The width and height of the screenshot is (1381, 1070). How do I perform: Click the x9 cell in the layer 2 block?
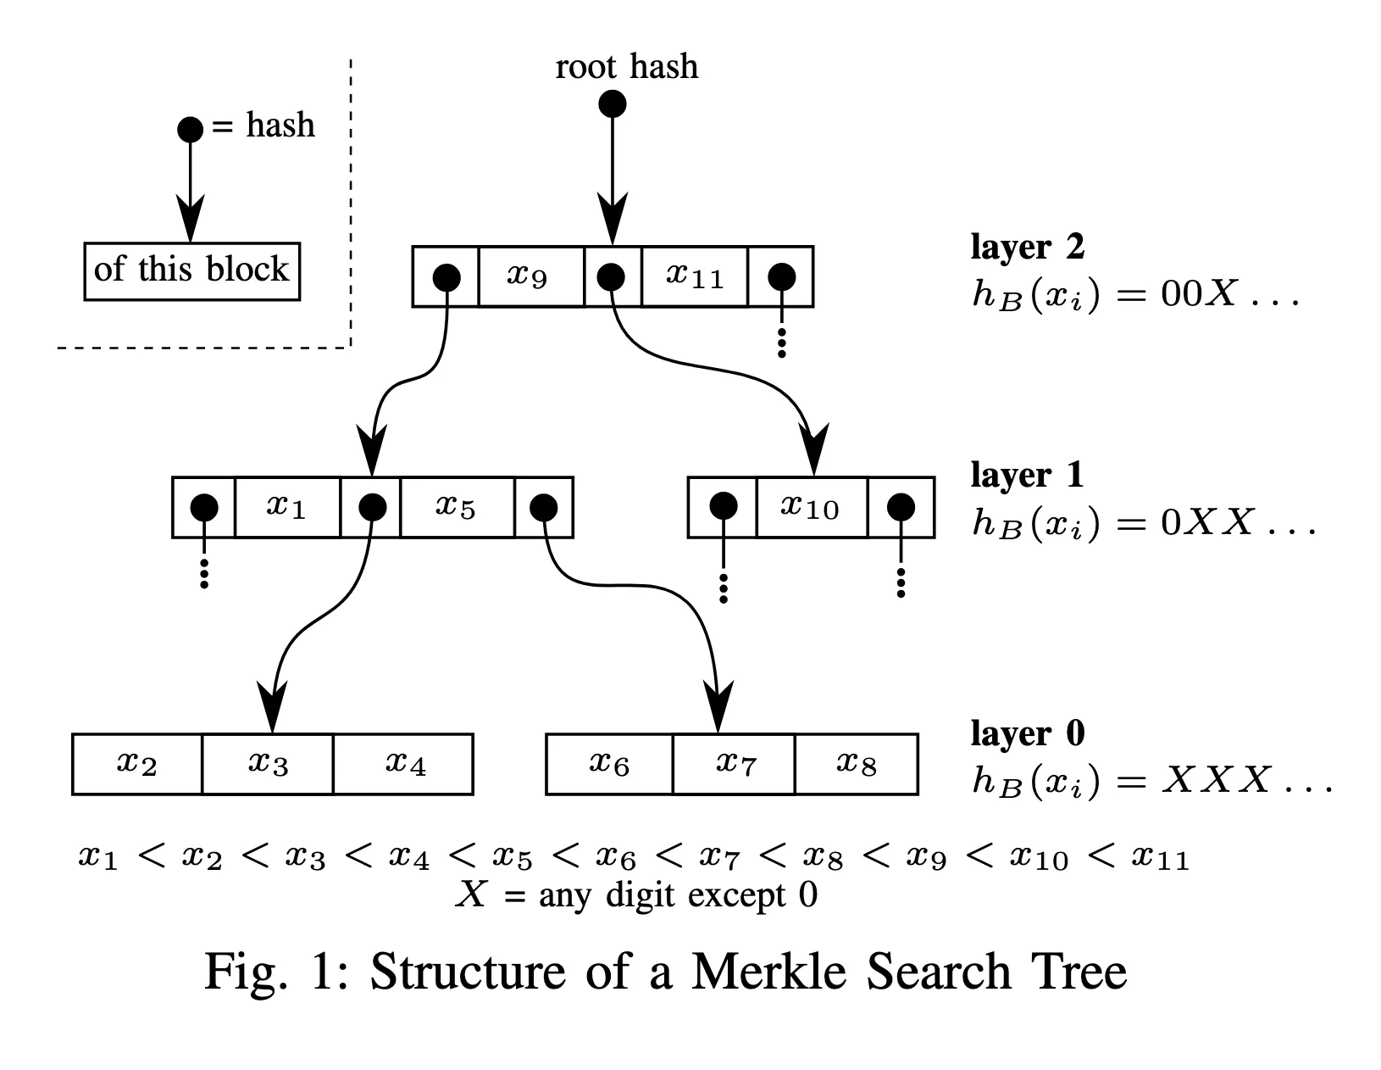click(530, 276)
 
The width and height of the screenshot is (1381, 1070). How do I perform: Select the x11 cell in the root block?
click(695, 276)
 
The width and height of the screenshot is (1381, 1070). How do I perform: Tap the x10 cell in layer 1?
click(811, 507)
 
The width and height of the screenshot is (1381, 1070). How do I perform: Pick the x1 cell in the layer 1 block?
click(286, 507)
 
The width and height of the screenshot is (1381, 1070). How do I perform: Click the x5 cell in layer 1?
click(457, 507)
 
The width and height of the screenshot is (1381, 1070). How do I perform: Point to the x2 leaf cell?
click(137, 764)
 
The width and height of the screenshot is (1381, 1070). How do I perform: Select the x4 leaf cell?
click(404, 764)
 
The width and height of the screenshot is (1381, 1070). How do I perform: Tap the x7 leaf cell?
click(735, 764)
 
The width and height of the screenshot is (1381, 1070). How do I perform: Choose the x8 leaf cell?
click(857, 764)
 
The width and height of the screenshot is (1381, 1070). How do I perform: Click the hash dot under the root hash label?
click(613, 104)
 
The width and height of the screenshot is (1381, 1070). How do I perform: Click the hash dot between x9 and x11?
click(612, 276)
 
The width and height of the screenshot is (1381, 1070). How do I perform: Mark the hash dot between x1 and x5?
click(373, 507)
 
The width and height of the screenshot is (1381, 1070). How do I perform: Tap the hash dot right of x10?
click(901, 507)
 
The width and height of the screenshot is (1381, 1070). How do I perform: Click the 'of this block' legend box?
click(192, 271)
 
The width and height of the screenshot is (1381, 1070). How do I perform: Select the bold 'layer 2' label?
click(1027, 247)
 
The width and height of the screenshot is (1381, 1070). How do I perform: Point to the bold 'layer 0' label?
click(1027, 733)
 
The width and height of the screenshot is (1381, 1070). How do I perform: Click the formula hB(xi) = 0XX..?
click(1144, 523)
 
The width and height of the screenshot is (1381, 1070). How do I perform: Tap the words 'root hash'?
click(627, 66)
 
